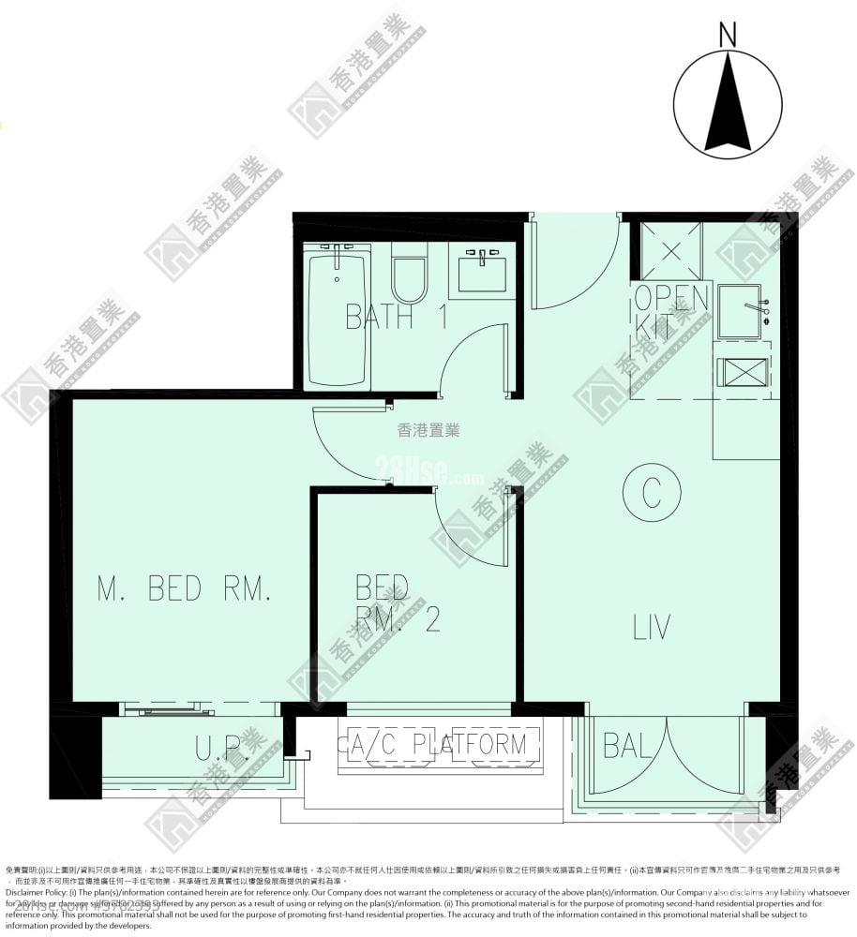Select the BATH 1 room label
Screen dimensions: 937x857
(395, 317)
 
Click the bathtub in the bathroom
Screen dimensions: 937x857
(338, 316)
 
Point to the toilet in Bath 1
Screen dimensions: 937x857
(409, 273)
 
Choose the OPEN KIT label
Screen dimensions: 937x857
(670, 312)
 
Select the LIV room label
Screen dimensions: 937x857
(652, 628)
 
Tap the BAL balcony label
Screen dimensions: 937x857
(629, 747)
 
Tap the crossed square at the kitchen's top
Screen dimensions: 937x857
(670, 250)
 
